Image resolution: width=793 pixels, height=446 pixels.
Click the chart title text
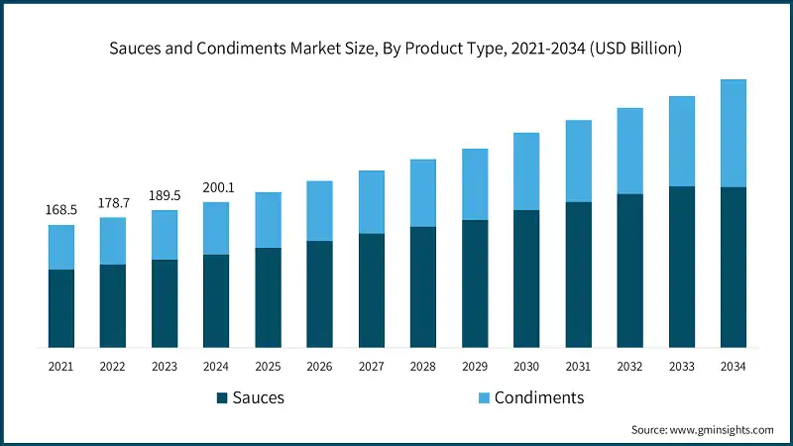coord(396,48)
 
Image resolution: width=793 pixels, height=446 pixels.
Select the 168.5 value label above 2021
coord(60,210)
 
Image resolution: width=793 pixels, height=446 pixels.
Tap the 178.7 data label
coord(112,202)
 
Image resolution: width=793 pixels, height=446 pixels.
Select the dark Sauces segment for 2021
coord(60,308)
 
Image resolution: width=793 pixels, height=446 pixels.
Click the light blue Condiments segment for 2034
coord(733,133)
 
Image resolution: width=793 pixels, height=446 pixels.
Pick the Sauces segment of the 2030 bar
coord(526,279)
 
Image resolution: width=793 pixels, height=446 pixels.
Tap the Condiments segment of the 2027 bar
coord(372,202)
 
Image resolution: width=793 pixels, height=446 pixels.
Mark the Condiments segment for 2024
coord(216,228)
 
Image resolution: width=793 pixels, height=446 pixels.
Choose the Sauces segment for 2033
coord(681,267)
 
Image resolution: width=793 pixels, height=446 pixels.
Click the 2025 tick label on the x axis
coord(268,367)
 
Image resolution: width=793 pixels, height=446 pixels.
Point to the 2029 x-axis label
coord(475,367)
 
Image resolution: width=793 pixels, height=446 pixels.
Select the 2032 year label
coord(629,367)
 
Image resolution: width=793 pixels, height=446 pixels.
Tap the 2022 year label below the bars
coord(112,367)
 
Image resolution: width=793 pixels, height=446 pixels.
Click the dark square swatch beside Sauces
coord(222,398)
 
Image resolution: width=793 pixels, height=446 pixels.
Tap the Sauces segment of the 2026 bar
coord(319,293)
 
